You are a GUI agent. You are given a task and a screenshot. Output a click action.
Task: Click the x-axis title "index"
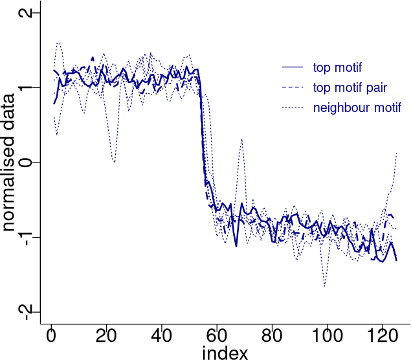pyautogui.click(x=225, y=352)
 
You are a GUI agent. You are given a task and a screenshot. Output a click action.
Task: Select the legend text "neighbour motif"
pyautogui.click(x=357, y=107)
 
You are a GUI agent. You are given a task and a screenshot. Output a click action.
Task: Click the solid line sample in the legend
pyautogui.click(x=293, y=67)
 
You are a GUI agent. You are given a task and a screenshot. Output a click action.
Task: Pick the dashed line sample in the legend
pyautogui.click(x=293, y=87)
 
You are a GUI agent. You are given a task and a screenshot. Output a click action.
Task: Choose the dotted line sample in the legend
pyautogui.click(x=293, y=107)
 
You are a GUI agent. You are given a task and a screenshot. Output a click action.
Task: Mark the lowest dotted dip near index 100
pyautogui.click(x=324, y=286)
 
